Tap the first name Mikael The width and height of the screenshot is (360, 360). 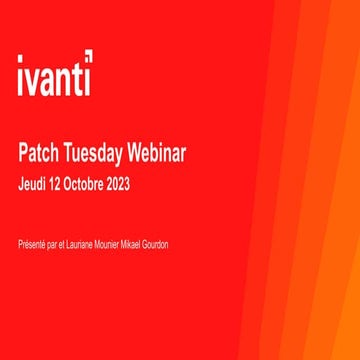(x=143, y=244)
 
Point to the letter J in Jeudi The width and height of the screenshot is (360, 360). (x=21, y=186)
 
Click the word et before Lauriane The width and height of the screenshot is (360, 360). (x=64, y=244)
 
